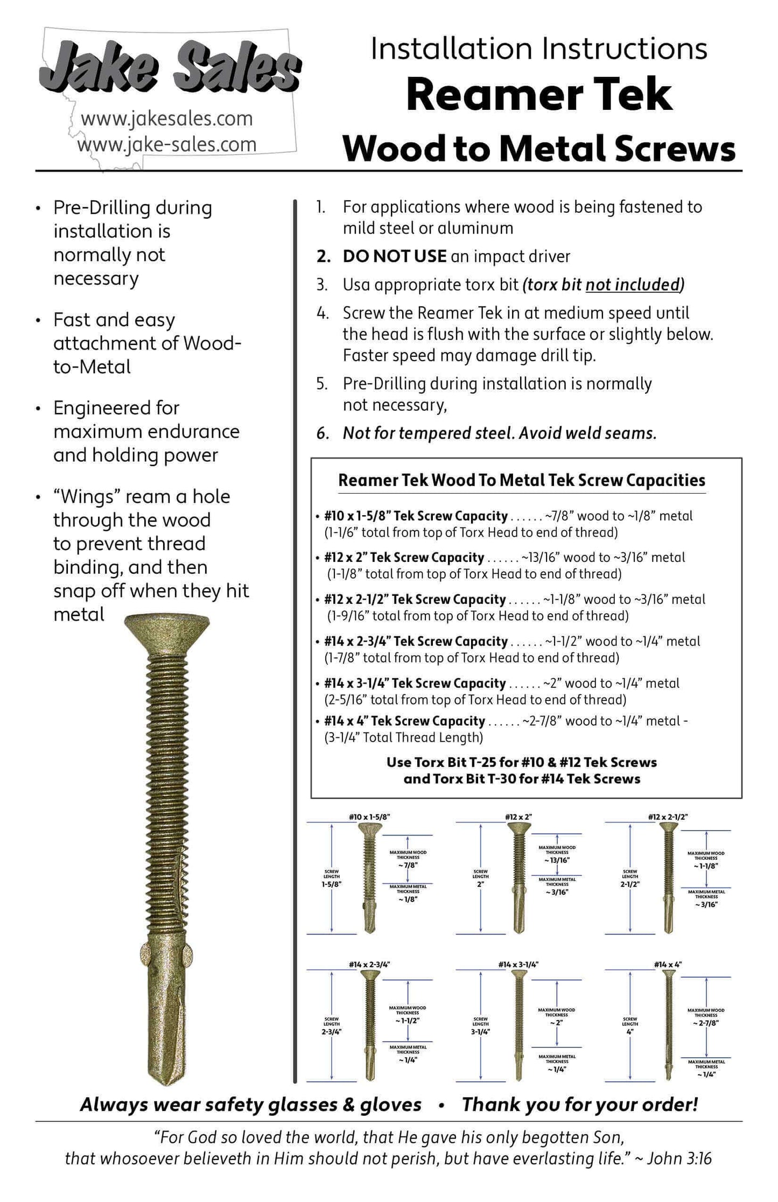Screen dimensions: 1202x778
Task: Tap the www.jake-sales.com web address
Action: coord(167,144)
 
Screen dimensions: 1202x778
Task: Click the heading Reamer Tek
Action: coord(539,95)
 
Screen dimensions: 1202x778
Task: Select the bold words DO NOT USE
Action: coord(394,256)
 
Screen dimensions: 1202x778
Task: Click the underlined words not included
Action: coord(632,284)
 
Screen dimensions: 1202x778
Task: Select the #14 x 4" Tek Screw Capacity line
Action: coord(404,721)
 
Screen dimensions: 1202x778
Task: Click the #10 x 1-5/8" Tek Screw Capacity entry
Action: coord(415,516)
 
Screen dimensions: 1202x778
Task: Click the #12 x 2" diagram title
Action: coord(518,817)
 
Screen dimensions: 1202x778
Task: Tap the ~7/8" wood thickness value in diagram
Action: coord(408,865)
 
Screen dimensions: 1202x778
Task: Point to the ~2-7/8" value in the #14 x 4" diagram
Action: coord(705,1023)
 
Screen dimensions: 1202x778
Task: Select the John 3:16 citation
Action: coord(679,1158)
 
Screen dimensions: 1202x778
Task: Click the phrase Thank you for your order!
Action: coord(579,1104)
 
